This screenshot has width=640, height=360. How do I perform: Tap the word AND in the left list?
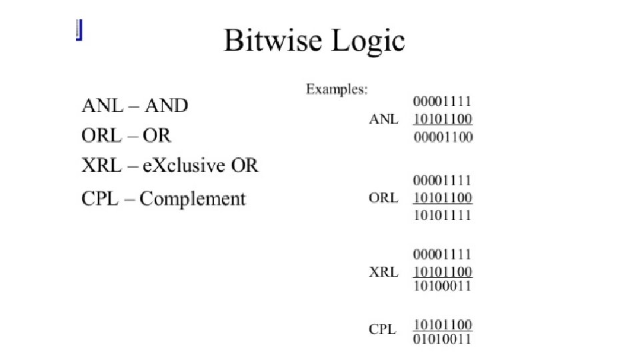(x=167, y=105)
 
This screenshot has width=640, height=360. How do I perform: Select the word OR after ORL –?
(x=157, y=135)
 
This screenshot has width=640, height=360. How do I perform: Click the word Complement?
(x=193, y=199)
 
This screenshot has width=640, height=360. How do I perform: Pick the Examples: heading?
(x=337, y=89)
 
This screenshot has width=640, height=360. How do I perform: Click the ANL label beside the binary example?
(x=383, y=120)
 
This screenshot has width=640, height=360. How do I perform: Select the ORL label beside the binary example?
(x=383, y=198)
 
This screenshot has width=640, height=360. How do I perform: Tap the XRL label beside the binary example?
(x=383, y=272)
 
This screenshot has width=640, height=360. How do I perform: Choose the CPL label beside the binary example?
(x=382, y=329)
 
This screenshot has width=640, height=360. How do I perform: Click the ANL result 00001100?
(x=443, y=137)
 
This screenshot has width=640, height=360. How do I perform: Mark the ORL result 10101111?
(x=443, y=215)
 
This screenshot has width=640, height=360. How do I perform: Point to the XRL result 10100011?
(x=443, y=285)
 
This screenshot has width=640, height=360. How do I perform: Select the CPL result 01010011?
(x=443, y=339)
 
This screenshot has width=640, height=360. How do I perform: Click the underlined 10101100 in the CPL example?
(x=443, y=325)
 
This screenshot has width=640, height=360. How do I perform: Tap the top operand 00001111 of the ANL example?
(x=443, y=102)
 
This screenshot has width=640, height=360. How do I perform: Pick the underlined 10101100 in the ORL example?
(x=443, y=198)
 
